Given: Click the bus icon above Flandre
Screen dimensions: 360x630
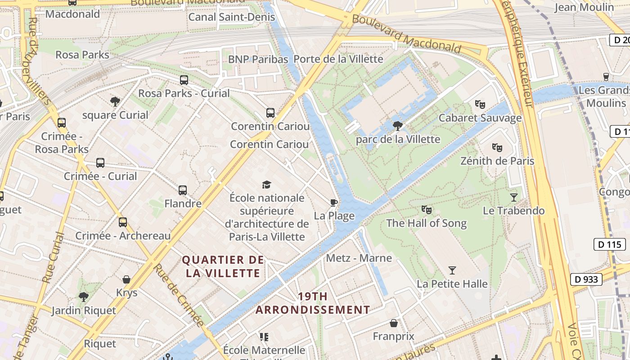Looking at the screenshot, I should pos(182,190).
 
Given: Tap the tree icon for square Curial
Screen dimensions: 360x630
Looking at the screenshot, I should pos(115,102).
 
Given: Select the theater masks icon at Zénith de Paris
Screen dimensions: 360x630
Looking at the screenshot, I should pos(497,148).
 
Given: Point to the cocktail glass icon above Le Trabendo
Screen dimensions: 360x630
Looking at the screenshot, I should pos(513,197).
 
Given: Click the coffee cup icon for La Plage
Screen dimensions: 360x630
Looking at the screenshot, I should pos(333,202).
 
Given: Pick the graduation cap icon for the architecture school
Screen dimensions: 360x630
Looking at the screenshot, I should pos(266,184).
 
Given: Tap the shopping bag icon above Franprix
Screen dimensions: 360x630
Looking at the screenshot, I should pos(393,323).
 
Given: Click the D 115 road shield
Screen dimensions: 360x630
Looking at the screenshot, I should pos(610,244).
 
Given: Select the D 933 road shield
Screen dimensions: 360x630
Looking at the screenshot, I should pos(587,279).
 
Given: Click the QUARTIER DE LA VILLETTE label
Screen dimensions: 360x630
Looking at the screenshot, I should pos(223,266).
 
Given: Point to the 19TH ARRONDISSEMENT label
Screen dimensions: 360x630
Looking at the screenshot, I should pos(313,303).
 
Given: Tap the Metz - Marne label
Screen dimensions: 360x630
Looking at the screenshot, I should pos(359,258).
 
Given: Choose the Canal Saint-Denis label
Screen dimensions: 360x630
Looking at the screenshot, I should pos(231,17).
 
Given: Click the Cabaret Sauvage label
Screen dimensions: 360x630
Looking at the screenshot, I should pos(480,118).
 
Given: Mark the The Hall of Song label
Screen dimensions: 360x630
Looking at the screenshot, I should pos(426,223).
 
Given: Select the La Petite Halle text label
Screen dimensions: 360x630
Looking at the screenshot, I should pos(452,284).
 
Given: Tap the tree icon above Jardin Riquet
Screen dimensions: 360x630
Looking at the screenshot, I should pos(83,297).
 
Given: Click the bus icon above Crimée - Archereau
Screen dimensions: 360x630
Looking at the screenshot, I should pos(122,222).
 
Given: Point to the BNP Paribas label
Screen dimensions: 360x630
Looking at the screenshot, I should pos(258,59).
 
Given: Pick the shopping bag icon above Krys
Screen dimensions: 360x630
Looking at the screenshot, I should pos(126,279).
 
